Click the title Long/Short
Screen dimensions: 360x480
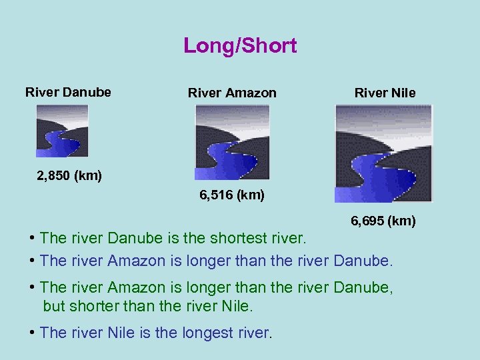tap(240, 46)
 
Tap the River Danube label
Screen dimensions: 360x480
tap(68, 92)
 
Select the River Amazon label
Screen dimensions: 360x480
tap(232, 93)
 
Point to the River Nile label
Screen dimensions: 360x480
tap(385, 93)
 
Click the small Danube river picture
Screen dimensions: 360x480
tap(62, 131)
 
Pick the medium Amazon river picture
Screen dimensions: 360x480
tap(232, 143)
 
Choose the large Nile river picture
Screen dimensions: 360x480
tap(383, 153)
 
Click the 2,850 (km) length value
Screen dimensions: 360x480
tap(69, 176)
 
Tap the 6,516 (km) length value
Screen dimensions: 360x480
tap(232, 195)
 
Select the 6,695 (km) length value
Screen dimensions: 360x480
tap(383, 220)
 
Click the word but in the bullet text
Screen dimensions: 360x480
tap(53, 306)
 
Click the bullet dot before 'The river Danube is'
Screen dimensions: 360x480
tap(33, 238)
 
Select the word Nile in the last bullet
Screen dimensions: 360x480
tap(122, 333)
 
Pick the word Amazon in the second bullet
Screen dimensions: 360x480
tap(136, 260)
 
